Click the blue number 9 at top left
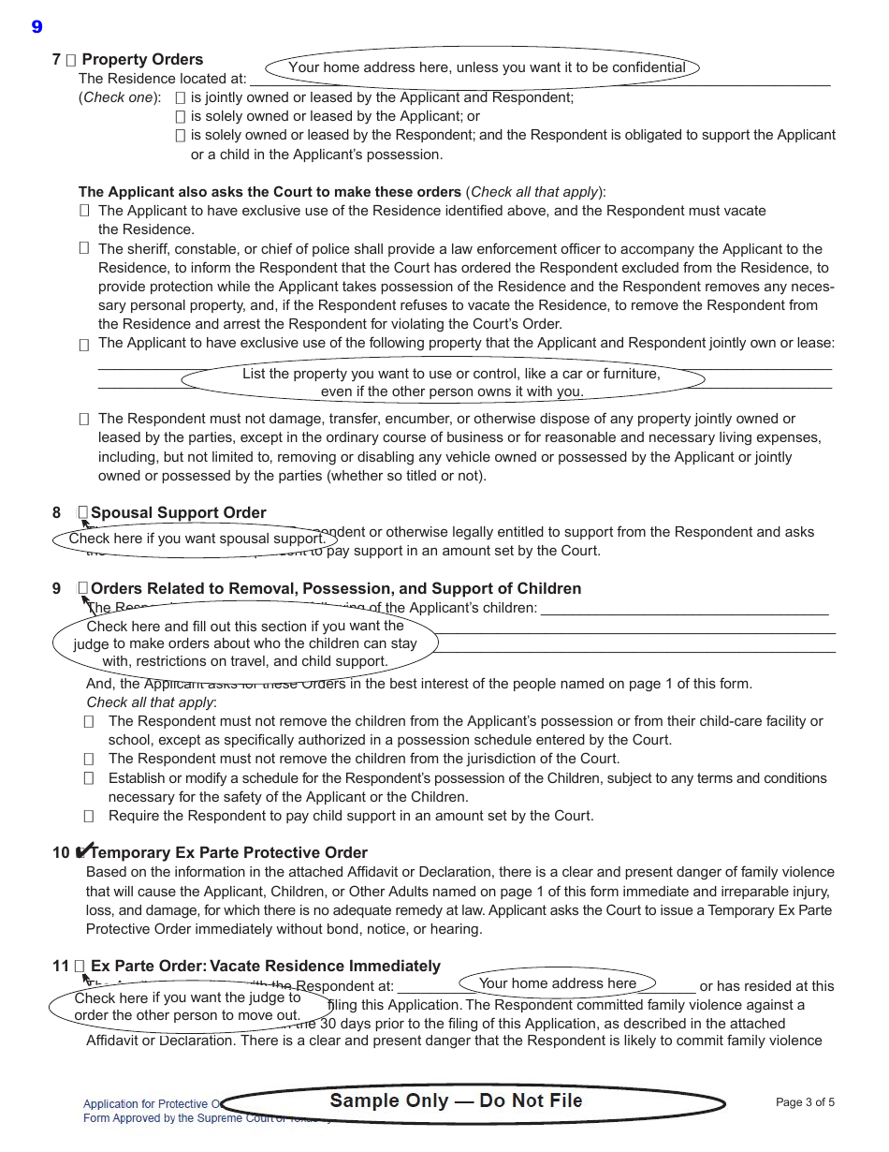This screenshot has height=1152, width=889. click(x=36, y=26)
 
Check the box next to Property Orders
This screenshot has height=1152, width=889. click(x=71, y=60)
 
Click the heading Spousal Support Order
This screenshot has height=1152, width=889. click(x=178, y=512)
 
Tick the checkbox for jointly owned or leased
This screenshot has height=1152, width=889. click(x=181, y=97)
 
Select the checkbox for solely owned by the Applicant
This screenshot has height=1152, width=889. click(x=181, y=116)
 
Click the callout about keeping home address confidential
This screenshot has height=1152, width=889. click(x=483, y=67)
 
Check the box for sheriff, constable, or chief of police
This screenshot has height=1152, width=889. click(x=84, y=248)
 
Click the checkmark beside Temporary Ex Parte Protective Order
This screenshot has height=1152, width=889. click(x=83, y=851)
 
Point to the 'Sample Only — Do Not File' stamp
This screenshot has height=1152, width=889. click(x=456, y=1101)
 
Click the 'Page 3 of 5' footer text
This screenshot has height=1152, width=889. click(x=805, y=1102)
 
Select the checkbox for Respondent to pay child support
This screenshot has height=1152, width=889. click(x=89, y=816)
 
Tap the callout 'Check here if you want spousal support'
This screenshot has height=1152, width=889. click(x=197, y=539)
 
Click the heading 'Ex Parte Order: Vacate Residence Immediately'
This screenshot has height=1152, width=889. click(x=265, y=966)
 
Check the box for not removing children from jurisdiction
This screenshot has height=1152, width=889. click(x=89, y=759)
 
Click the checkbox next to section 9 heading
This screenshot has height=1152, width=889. click(x=83, y=588)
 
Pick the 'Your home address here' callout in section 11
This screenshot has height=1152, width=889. click(x=558, y=982)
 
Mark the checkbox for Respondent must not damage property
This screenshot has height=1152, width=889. click(x=84, y=419)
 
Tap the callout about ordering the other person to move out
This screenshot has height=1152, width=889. click(x=188, y=1007)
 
